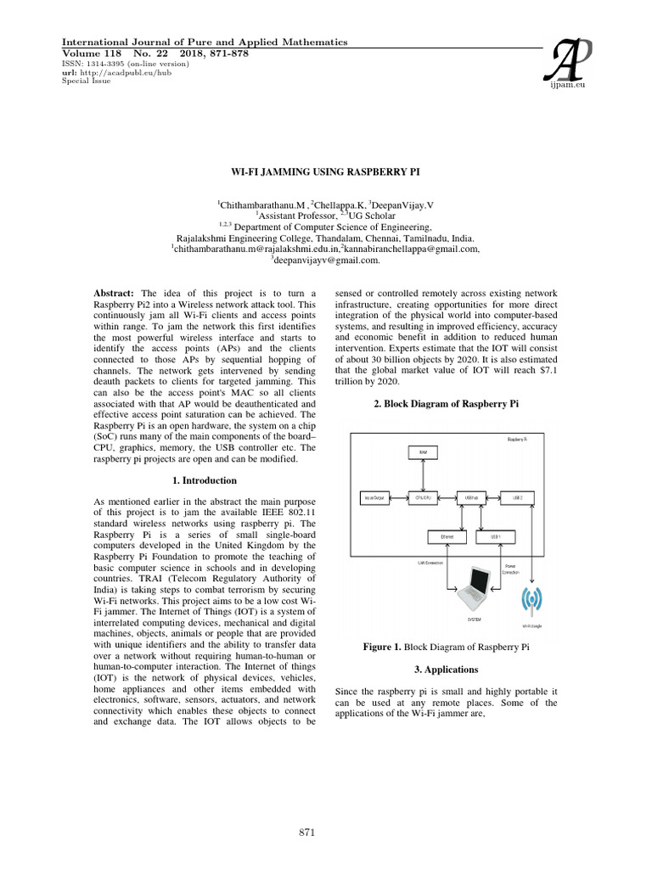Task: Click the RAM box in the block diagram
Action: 423,452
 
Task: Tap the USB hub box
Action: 472,498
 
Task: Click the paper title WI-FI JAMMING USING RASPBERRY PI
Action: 325,171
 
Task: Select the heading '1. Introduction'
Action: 200,480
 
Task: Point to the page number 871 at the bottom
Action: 308,833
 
